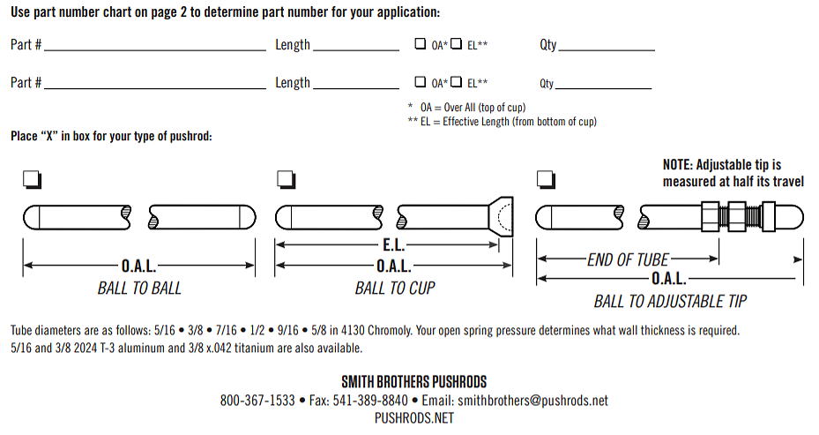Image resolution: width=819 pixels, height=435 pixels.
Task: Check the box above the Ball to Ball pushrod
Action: coord(32,179)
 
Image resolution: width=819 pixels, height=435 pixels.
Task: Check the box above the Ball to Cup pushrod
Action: coord(286,179)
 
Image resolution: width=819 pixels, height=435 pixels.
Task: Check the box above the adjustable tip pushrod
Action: coord(546,179)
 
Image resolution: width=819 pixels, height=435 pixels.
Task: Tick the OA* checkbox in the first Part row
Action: coord(420,43)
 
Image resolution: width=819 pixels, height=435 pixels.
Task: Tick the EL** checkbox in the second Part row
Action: coord(457,81)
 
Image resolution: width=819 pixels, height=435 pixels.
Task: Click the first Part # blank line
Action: coord(155,50)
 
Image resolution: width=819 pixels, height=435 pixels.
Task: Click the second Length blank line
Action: coord(356,88)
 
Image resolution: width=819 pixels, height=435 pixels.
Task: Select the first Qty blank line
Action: coord(607,50)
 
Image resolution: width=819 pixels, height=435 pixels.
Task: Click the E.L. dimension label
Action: coord(394,244)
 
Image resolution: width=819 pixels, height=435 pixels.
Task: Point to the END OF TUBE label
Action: coord(628,259)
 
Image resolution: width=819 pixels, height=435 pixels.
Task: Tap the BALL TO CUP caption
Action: coord(395,288)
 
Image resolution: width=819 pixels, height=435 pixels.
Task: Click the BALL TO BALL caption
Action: coord(139,288)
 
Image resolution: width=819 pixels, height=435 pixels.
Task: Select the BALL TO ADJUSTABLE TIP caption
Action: coord(670,301)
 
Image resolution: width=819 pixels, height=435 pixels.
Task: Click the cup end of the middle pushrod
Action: coord(501,216)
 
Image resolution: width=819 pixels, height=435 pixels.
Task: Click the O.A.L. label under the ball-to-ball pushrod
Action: coord(139,266)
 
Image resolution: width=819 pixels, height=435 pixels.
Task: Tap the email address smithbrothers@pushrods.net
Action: coord(532,401)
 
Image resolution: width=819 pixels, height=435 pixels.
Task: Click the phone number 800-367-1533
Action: coord(257,401)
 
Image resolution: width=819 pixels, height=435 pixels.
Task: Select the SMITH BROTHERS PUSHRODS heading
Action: coord(414,382)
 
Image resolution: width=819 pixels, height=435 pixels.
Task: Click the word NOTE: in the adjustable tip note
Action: coord(677,165)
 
